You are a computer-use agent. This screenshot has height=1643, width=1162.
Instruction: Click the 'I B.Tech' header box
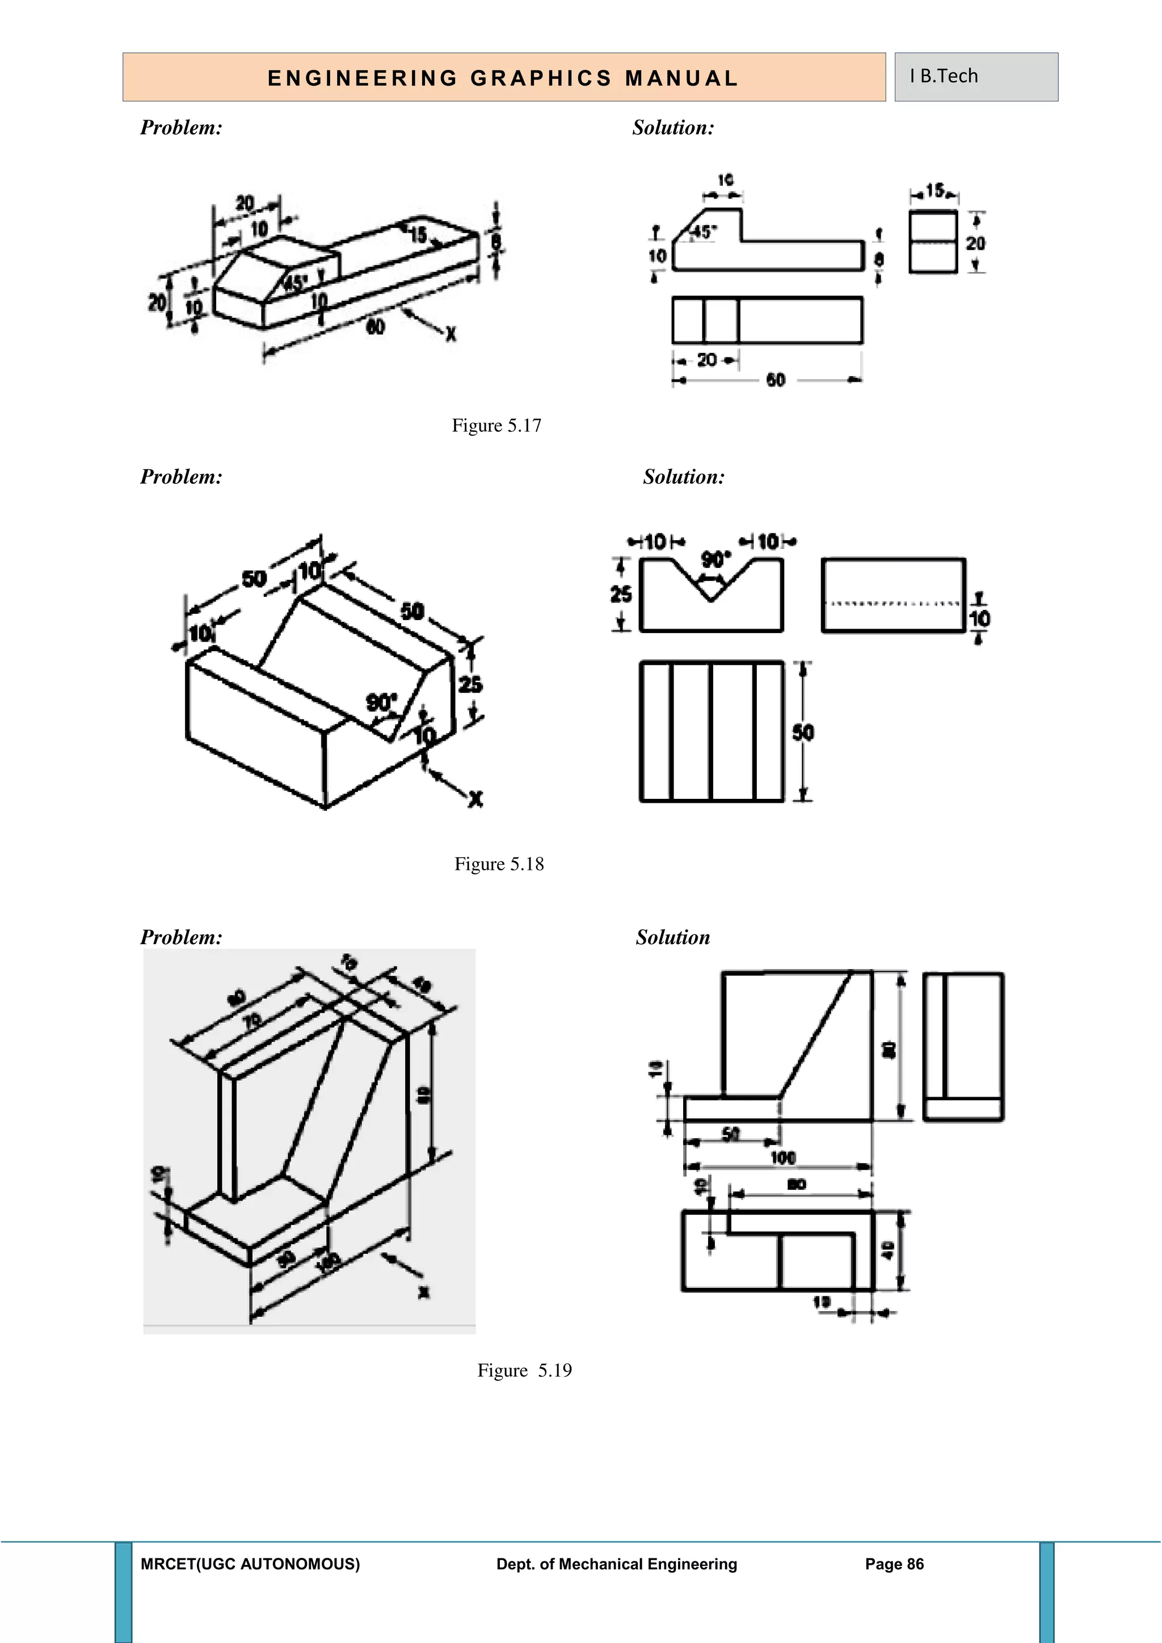click(976, 77)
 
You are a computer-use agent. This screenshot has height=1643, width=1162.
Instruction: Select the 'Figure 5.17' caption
click(496, 426)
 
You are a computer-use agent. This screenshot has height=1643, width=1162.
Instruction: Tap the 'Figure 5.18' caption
click(499, 865)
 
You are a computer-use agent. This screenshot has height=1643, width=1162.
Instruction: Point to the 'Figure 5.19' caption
click(524, 1370)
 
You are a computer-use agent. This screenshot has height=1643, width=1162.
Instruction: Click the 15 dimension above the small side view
click(934, 191)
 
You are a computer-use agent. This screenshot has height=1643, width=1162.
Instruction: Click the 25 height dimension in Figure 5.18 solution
click(620, 595)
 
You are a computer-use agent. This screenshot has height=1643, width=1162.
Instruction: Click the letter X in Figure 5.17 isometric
click(451, 334)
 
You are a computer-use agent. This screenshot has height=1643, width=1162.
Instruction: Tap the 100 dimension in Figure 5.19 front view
click(783, 1158)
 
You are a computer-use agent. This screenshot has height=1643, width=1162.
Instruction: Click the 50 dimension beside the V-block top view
click(803, 732)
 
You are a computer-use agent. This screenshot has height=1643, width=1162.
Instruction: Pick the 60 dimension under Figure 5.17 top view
click(776, 380)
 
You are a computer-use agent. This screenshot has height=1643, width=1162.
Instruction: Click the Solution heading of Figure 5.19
click(672, 937)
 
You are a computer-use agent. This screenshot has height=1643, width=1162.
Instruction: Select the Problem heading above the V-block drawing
click(181, 477)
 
